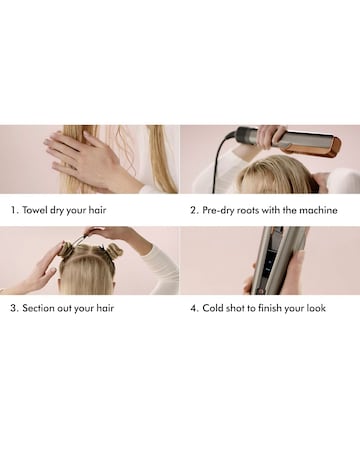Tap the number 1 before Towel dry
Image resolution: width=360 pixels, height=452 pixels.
pyautogui.click(x=14, y=211)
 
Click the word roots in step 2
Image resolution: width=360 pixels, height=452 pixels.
pyautogui.click(x=257, y=211)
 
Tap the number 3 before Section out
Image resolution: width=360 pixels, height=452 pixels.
pyautogui.click(x=14, y=308)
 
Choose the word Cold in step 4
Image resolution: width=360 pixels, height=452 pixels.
pyautogui.click(x=216, y=308)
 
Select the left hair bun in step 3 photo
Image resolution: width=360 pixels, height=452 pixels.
pyautogui.click(x=66, y=248)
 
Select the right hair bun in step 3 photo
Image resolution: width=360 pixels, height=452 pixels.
pyautogui.click(x=113, y=250)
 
